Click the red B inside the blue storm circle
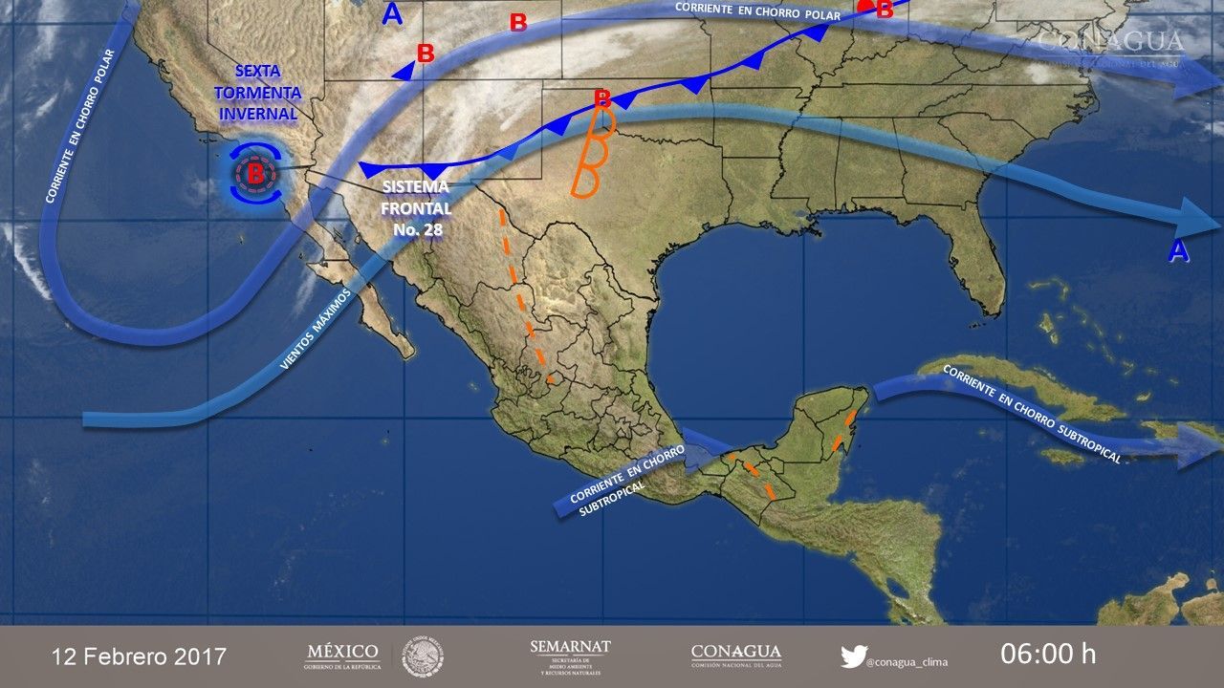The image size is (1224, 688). coord(255,173)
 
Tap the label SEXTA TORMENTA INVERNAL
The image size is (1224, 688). coord(258,93)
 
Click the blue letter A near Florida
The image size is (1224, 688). coord(1179,251)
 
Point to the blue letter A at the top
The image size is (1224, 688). coord(391,13)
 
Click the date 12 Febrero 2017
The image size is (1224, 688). coord(140,656)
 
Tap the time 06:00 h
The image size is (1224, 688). coord(1048,655)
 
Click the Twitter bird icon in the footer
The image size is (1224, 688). coord(853,656)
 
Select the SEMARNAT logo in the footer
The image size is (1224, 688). coord(570,656)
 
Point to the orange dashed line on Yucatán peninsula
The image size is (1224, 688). coord(842,431)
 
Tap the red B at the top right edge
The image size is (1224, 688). coord(884,10)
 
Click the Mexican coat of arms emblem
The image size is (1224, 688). coord(422,656)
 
